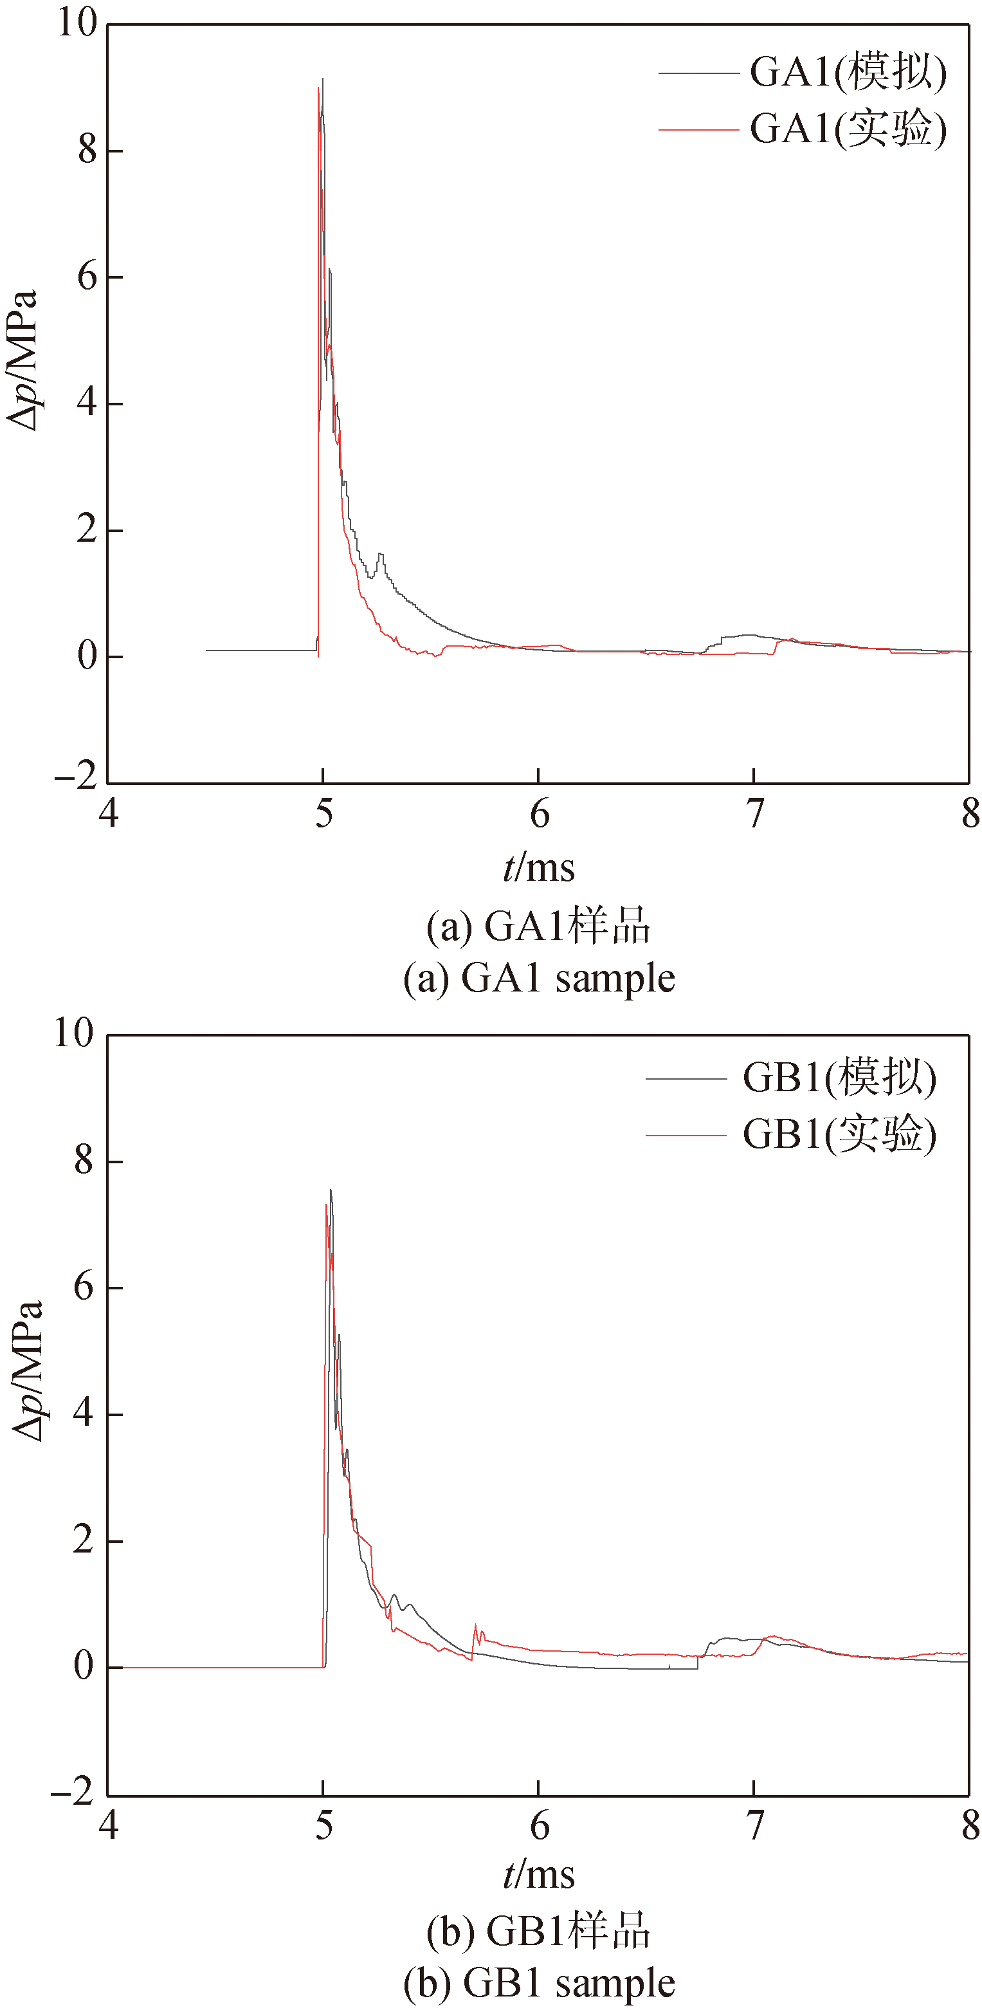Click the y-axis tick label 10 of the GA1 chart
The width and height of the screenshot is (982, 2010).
click(77, 23)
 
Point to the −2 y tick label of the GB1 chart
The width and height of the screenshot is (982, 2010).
click(73, 1793)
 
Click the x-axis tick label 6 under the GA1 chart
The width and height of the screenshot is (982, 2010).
click(539, 815)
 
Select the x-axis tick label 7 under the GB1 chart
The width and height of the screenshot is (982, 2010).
click(754, 1825)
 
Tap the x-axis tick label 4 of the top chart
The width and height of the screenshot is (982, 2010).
click(109, 815)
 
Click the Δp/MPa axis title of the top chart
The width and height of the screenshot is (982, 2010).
click(23, 360)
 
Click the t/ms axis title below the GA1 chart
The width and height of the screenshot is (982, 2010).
click(539, 869)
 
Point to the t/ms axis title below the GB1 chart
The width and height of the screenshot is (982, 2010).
click(539, 1877)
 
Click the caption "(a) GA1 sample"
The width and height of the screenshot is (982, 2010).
click(539, 979)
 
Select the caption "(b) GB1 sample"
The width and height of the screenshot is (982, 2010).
click(539, 1984)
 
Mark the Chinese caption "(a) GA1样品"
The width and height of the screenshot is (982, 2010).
click(539, 927)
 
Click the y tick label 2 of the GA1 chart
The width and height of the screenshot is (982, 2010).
click(87, 531)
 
